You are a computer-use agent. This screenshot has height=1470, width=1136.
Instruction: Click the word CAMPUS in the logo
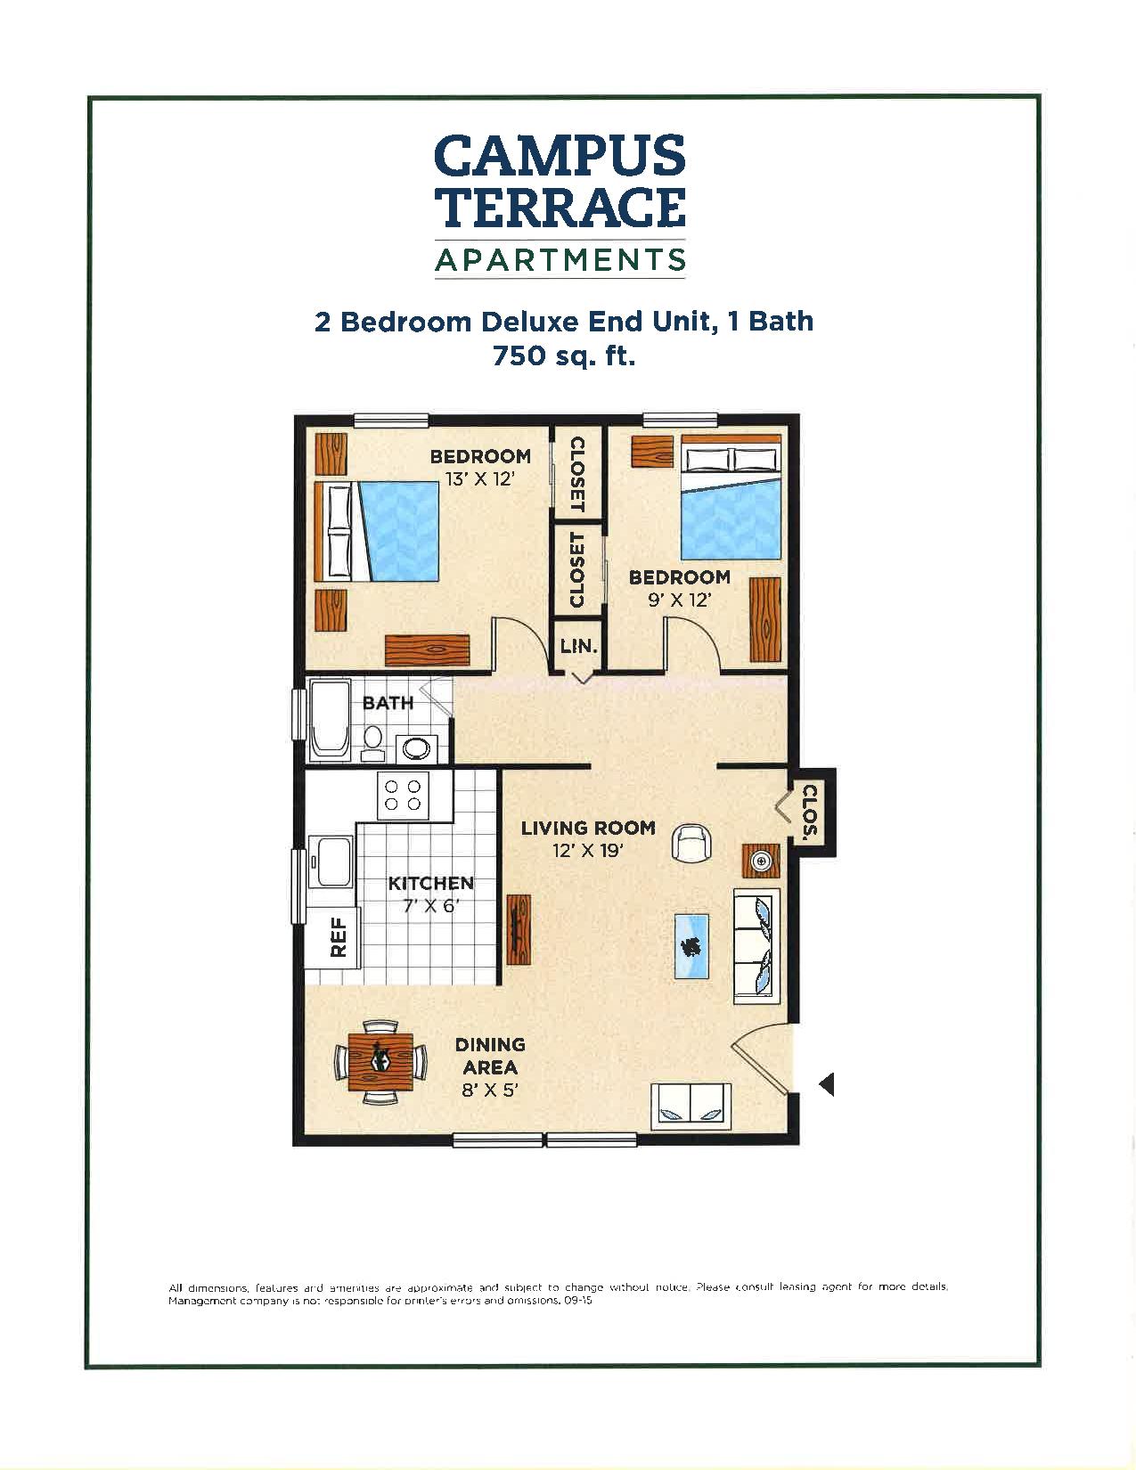click(560, 157)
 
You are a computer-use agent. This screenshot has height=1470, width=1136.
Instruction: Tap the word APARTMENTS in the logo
click(560, 259)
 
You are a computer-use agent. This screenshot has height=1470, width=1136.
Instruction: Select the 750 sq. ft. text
click(563, 356)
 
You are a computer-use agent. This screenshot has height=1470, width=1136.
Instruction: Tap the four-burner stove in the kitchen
click(402, 795)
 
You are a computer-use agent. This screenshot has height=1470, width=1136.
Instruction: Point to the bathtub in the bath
click(331, 720)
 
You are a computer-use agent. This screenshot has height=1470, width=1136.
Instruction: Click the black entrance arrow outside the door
click(826, 1084)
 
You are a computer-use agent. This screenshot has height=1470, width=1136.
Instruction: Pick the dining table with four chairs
click(380, 1060)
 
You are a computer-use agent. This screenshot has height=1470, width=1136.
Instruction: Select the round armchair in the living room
click(691, 842)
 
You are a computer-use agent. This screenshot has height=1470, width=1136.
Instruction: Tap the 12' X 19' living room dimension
click(587, 851)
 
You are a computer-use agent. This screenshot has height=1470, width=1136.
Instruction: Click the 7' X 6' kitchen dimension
click(430, 906)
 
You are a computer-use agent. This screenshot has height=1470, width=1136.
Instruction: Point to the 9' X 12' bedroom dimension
click(679, 600)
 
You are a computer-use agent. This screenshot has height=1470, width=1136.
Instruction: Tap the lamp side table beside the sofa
click(761, 862)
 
